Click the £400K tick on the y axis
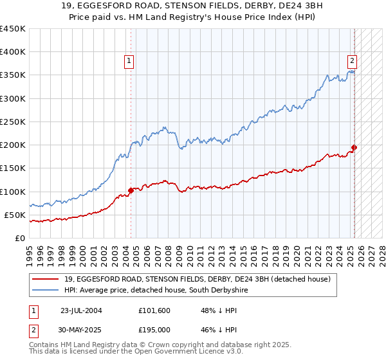click(x=13, y=52)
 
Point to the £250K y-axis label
click(x=13, y=122)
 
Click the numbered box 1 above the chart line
click(x=129, y=62)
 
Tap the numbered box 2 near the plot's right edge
click(x=353, y=62)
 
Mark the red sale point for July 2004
click(x=131, y=190)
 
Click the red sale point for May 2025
click(x=354, y=147)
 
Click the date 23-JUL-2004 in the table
click(x=81, y=310)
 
